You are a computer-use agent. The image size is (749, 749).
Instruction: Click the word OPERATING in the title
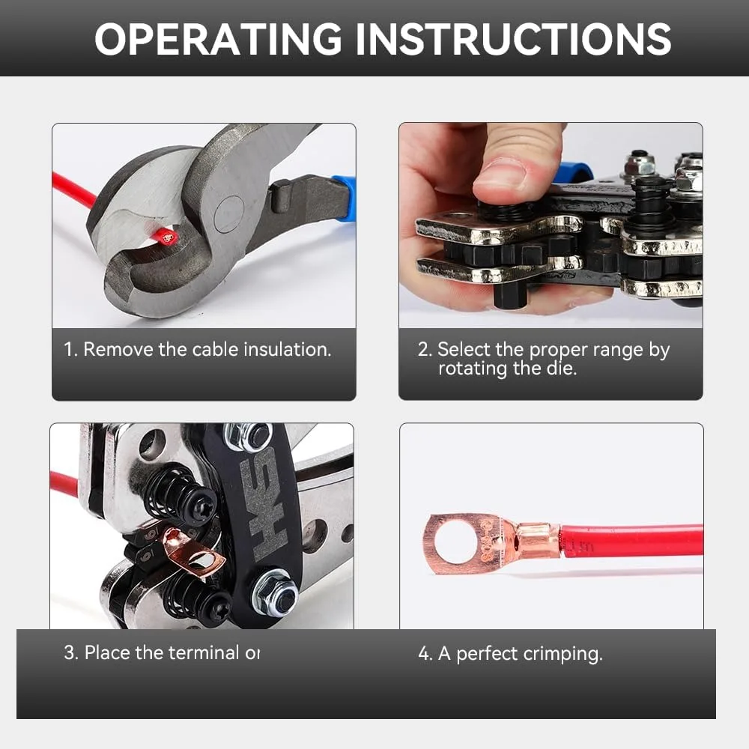coord(217,39)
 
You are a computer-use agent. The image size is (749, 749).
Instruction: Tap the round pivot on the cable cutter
coord(228,214)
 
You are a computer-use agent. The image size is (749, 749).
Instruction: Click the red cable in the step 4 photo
coord(637,541)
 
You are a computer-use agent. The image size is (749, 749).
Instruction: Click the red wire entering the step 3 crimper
coord(64,482)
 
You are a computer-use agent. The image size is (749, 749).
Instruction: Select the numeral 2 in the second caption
coord(423,349)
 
